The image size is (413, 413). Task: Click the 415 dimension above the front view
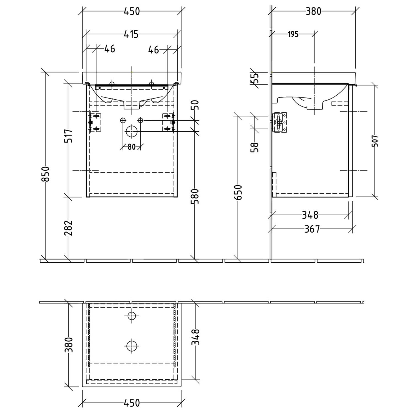(x=131, y=34)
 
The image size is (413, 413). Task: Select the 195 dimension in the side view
(x=293, y=34)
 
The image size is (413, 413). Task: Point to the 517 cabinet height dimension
(x=69, y=135)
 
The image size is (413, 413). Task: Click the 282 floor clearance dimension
(x=68, y=228)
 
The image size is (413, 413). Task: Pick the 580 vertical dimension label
(x=195, y=196)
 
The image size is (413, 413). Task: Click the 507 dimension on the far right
(x=375, y=141)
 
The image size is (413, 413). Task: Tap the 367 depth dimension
(x=312, y=229)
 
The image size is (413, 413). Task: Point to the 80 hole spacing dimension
(x=132, y=147)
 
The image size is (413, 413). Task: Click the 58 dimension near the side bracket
(x=255, y=147)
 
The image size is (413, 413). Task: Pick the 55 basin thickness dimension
(x=255, y=78)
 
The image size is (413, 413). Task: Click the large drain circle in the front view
(x=132, y=131)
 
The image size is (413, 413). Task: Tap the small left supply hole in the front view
(x=123, y=120)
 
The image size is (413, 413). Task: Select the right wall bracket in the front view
(x=169, y=122)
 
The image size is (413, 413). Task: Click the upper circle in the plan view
(x=132, y=316)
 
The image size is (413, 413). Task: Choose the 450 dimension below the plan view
(x=132, y=403)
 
